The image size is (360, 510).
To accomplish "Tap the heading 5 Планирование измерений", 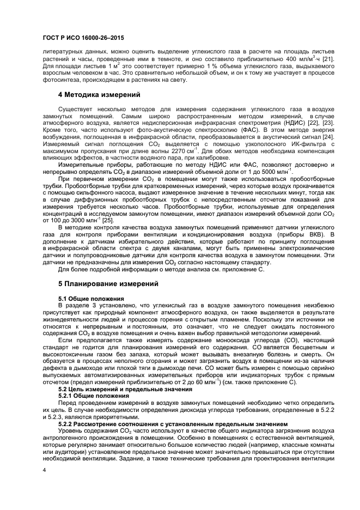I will tap(108, 284).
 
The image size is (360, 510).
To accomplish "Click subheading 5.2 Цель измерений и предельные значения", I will tap(121, 390).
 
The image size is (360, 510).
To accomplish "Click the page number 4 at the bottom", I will tap(44, 469).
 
